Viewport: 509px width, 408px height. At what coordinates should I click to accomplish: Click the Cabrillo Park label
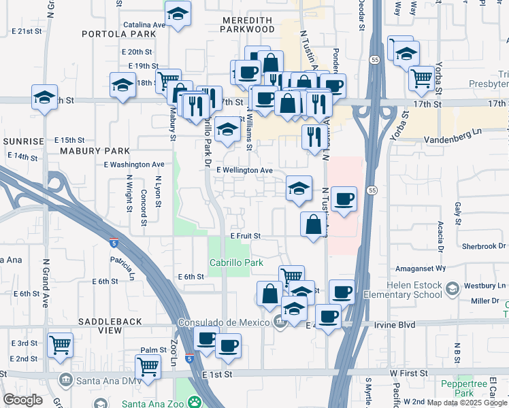point(235,263)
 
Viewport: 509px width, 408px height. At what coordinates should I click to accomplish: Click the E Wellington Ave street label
point(244,170)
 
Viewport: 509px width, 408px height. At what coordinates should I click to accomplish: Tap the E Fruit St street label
point(246,236)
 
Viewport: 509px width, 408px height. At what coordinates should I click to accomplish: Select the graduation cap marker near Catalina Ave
point(178,14)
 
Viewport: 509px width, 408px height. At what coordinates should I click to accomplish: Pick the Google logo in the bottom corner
point(22,400)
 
